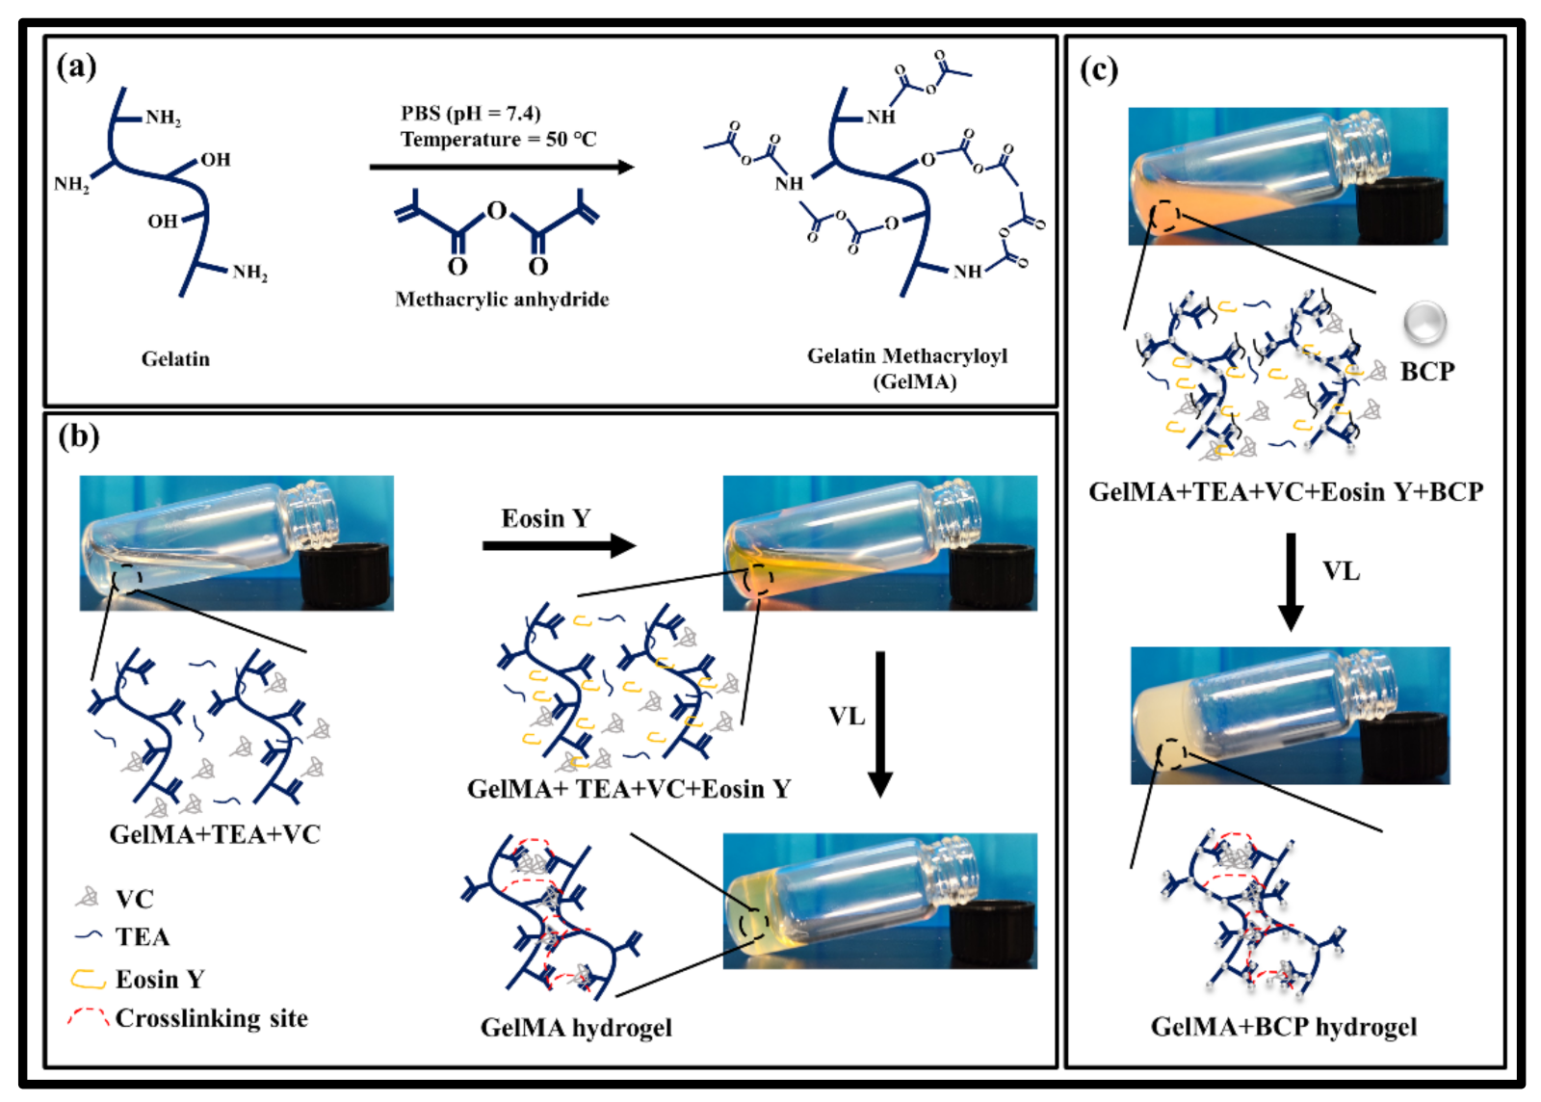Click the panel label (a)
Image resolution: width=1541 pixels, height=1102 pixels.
(76, 66)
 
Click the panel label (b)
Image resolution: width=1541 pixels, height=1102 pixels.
(78, 436)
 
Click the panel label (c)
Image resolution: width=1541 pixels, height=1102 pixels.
(1098, 69)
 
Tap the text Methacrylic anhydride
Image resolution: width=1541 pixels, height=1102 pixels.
(502, 300)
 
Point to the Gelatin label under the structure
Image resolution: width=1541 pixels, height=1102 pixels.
(175, 359)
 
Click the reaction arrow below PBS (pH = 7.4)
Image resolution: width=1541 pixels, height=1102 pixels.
(501, 167)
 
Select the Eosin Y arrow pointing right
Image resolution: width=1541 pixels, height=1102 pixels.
(559, 546)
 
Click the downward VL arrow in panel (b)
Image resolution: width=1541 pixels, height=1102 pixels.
(879, 722)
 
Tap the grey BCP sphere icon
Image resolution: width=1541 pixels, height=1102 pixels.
(1424, 323)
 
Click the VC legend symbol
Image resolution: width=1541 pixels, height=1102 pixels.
(88, 898)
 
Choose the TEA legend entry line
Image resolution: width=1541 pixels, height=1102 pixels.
(89, 935)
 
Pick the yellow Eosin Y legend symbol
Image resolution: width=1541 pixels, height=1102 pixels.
(88, 979)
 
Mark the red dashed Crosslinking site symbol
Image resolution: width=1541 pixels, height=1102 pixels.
(88, 1016)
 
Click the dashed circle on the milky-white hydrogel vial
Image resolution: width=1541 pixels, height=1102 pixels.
(1171, 753)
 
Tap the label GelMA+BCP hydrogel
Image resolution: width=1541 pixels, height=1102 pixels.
(1283, 1027)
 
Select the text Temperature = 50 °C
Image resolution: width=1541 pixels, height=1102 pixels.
(498, 140)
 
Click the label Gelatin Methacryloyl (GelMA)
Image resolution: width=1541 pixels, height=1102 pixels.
(907, 368)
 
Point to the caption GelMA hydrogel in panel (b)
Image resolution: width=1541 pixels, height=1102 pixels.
(576, 1028)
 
